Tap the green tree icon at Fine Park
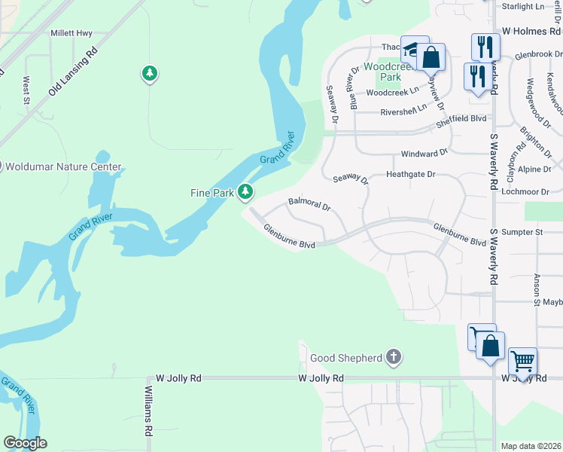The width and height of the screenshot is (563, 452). (x=245, y=193)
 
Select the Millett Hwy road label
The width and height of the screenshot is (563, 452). (x=72, y=33)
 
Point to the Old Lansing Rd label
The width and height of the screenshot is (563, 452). (x=73, y=72)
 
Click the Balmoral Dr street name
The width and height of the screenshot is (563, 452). (x=309, y=203)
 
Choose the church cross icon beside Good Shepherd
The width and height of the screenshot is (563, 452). (x=394, y=357)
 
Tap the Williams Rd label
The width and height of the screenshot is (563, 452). (x=149, y=411)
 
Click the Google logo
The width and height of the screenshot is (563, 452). (x=25, y=442)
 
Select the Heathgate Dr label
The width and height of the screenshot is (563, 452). (x=410, y=174)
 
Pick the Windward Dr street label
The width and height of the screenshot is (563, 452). (x=424, y=153)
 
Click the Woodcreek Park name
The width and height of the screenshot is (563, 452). (x=390, y=72)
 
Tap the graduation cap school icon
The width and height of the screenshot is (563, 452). (x=413, y=50)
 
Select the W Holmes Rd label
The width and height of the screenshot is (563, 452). (x=531, y=31)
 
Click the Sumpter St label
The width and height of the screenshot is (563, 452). (x=522, y=232)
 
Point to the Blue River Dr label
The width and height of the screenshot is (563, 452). (x=351, y=85)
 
